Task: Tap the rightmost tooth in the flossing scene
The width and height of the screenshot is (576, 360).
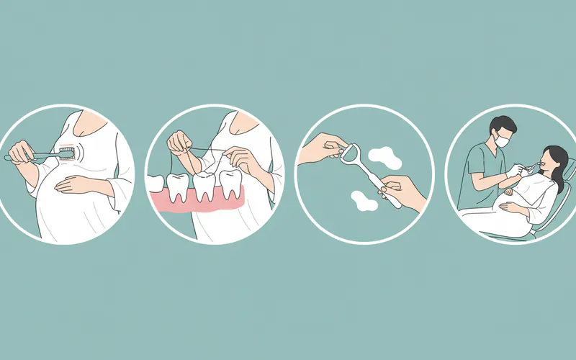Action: (x=230, y=184)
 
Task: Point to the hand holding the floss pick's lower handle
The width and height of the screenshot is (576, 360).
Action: (x=403, y=191)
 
